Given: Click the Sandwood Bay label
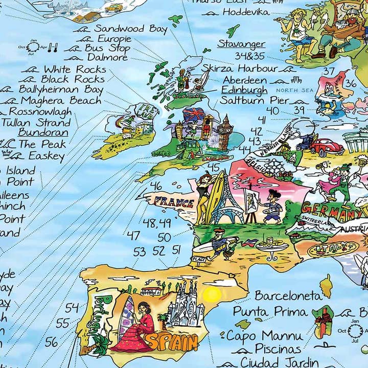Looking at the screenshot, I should pyautogui.click(x=130, y=29).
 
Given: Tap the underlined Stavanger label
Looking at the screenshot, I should pyautogui.click(x=241, y=44).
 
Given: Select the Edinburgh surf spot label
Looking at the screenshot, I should pyautogui.click(x=244, y=90).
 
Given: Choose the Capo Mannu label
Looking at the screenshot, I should pyautogui.click(x=265, y=336).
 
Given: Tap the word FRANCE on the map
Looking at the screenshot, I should pyautogui.click(x=174, y=201).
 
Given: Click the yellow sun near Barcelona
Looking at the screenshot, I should pyautogui.click(x=212, y=294).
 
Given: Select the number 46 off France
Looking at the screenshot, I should pyautogui.click(x=156, y=187).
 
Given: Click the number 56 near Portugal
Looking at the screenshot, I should pyautogui.click(x=52, y=342).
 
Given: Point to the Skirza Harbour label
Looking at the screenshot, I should pyautogui.click(x=240, y=68).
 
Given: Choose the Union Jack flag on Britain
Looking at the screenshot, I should pyautogui.click(x=193, y=114).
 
